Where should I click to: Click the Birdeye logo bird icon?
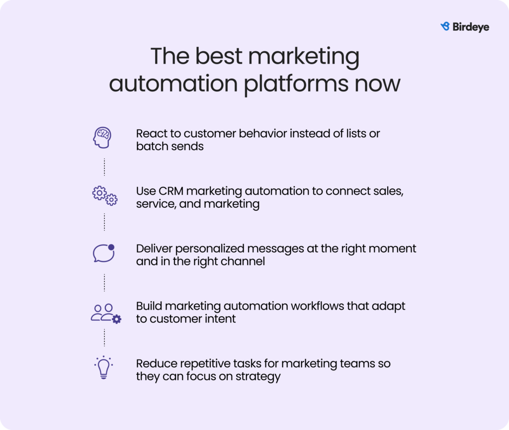445,27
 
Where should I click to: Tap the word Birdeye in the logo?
471,27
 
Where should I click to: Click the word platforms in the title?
296,84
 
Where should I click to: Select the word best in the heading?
219,56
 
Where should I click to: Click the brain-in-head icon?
102,138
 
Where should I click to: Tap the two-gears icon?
105,196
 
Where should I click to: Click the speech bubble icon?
104,253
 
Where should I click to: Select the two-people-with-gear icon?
106,314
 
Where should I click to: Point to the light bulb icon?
103,367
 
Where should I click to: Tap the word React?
150,133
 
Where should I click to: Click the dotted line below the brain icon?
104,167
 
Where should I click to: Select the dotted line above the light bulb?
104,338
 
